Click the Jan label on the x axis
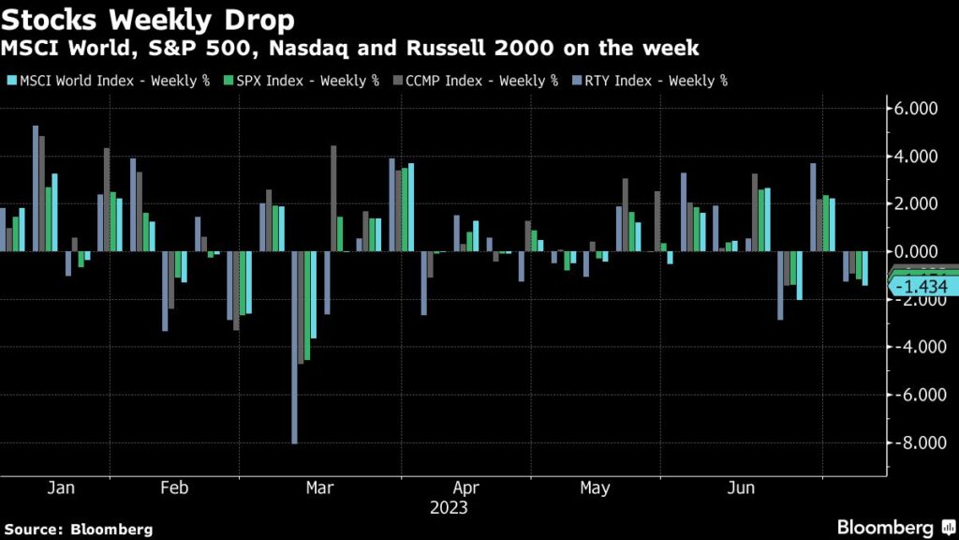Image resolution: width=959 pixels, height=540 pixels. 60,488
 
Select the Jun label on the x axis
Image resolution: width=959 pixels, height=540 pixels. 742,488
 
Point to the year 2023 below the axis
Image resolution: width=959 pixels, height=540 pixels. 449,508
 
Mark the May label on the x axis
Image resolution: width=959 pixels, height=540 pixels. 595,488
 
